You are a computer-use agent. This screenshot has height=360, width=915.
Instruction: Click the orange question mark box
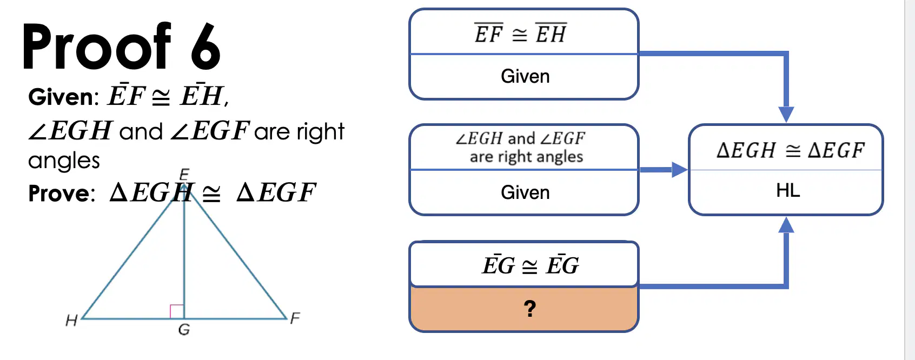pyautogui.click(x=524, y=309)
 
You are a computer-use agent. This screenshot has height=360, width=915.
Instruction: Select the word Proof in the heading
pyautogui.click(x=96, y=46)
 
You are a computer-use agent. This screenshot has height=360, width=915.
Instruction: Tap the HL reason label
pyautogui.click(x=788, y=190)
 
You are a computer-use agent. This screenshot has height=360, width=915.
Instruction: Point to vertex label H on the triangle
pyautogui.click(x=71, y=321)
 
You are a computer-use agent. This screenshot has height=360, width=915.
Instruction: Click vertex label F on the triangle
pyautogui.click(x=295, y=318)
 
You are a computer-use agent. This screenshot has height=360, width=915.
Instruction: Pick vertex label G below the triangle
pyautogui.click(x=184, y=329)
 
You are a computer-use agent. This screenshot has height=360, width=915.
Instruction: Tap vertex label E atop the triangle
pyautogui.click(x=184, y=174)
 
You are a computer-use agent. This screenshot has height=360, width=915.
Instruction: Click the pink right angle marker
pyautogui.click(x=177, y=311)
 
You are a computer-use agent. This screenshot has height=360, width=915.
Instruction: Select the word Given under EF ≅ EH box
pyautogui.click(x=525, y=76)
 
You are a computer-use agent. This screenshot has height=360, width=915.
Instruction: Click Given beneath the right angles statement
pyautogui.click(x=525, y=192)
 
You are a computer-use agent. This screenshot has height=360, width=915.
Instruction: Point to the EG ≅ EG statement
pyautogui.click(x=530, y=265)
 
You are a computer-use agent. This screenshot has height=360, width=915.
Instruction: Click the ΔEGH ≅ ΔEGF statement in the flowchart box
pyautogui.click(x=791, y=150)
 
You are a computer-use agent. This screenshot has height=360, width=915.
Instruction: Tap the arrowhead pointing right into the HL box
pyautogui.click(x=680, y=169)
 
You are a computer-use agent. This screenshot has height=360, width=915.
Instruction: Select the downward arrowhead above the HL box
pyautogui.click(x=786, y=114)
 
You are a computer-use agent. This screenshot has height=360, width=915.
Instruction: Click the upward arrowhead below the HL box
pyautogui.click(x=786, y=225)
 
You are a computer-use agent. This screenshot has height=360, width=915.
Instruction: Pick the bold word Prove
pyautogui.click(x=61, y=193)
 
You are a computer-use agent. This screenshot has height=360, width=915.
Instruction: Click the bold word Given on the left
pyautogui.click(x=63, y=97)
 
